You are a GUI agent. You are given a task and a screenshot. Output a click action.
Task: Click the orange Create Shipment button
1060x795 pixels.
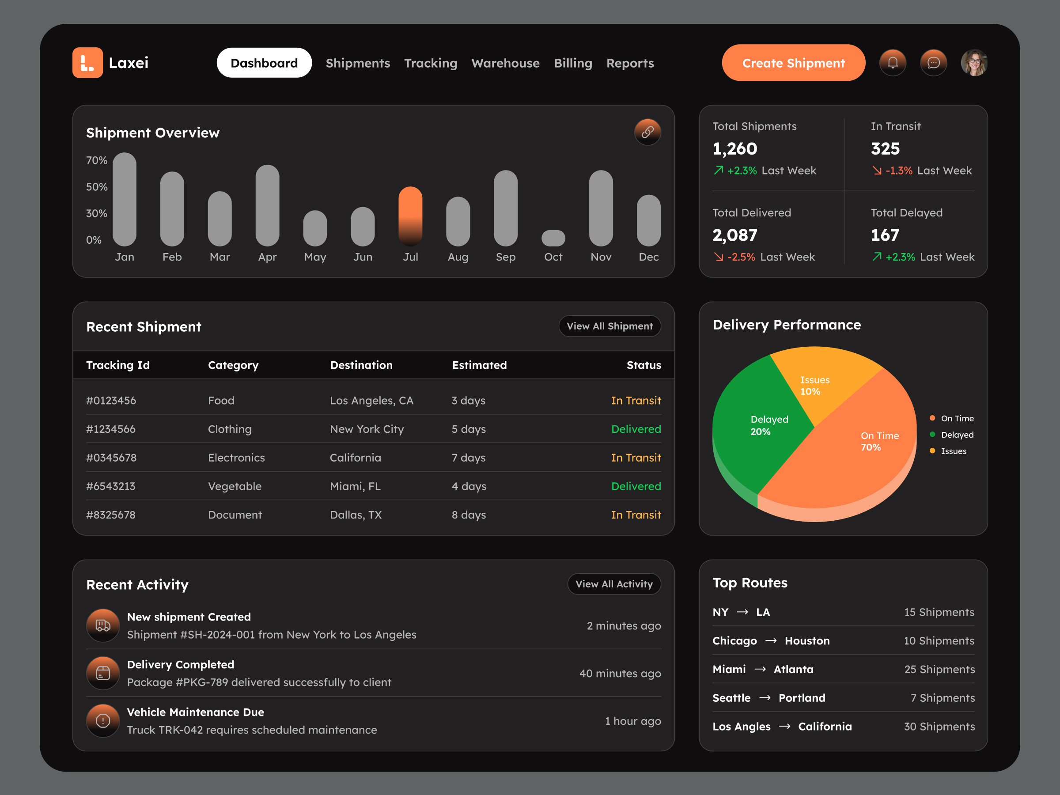(793, 63)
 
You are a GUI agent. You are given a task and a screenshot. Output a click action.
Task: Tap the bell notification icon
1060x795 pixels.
(892, 63)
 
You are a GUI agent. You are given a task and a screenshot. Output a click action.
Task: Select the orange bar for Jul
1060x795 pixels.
(410, 216)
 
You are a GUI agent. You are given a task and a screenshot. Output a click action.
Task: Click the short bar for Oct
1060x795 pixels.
(553, 238)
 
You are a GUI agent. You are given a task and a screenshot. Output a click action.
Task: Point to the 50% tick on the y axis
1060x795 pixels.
(96, 187)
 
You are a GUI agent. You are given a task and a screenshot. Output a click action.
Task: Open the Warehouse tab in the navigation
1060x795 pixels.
(505, 63)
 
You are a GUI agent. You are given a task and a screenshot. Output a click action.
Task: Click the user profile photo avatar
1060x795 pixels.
(974, 63)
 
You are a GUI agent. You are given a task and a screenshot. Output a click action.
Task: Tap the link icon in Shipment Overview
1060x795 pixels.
(647, 132)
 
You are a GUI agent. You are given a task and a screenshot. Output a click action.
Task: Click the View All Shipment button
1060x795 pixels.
(609, 326)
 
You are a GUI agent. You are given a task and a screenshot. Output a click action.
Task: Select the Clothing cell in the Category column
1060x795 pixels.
(230, 429)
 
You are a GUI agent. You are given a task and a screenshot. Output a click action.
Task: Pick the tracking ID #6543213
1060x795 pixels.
(111, 486)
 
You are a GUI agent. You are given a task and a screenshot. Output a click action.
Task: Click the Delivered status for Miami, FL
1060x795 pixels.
(636, 486)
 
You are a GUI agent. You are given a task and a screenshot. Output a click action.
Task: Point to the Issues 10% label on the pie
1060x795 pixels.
(814, 386)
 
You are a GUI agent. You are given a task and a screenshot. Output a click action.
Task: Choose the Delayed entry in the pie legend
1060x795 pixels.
(957, 435)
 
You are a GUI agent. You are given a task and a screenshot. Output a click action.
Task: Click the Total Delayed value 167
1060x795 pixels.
(885, 235)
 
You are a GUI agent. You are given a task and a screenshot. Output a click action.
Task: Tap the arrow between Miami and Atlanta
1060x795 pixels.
(760, 670)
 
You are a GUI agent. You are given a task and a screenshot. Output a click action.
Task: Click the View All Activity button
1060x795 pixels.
(614, 584)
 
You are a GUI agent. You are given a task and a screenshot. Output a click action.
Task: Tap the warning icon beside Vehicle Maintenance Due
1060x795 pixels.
(103, 720)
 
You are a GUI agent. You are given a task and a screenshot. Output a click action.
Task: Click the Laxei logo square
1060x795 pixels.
(87, 63)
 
